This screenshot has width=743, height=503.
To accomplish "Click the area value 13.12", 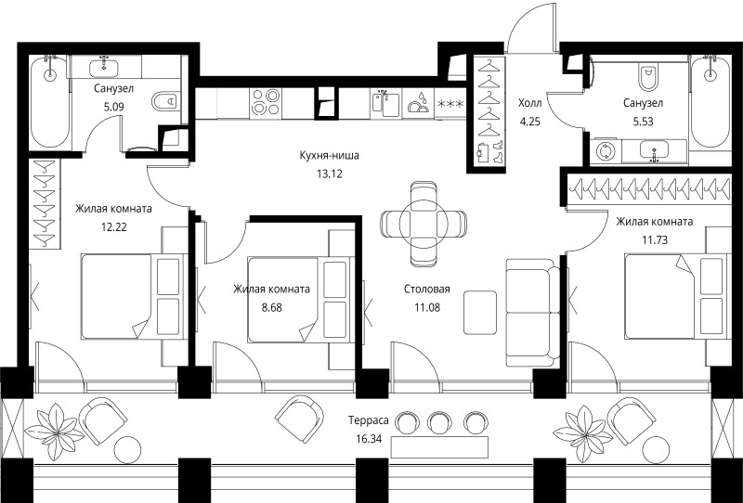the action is pyautogui.click(x=330, y=174).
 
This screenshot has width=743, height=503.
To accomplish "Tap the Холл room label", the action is pyautogui.click(x=529, y=103).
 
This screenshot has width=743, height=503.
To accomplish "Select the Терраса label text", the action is pyautogui.click(x=368, y=420).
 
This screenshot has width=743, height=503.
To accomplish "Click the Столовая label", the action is pyautogui.click(x=427, y=289).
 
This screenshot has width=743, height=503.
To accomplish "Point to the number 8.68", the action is pyautogui.click(x=271, y=307).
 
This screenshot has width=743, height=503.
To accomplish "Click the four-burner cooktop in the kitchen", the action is pyautogui.click(x=266, y=102).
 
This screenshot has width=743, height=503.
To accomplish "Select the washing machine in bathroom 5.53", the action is pyautogui.click(x=606, y=152).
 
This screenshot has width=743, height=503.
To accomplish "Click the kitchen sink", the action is pyautogui.click(x=385, y=103).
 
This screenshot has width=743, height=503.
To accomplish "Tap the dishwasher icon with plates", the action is pyautogui.click(x=418, y=103).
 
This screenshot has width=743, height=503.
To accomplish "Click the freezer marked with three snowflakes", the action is pyautogui.click(x=450, y=103).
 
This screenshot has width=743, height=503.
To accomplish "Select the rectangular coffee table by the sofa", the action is pyautogui.click(x=480, y=313).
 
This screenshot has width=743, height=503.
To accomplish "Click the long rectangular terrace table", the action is pyautogui.click(x=439, y=447).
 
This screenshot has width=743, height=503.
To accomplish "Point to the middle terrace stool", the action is pyautogui.click(x=438, y=421).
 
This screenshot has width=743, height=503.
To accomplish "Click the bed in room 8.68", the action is pyautogui.click(x=300, y=300).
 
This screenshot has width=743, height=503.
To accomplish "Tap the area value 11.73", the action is pyautogui.click(x=655, y=240).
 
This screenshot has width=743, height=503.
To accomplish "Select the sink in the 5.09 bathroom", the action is pyautogui.click(x=105, y=67).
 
